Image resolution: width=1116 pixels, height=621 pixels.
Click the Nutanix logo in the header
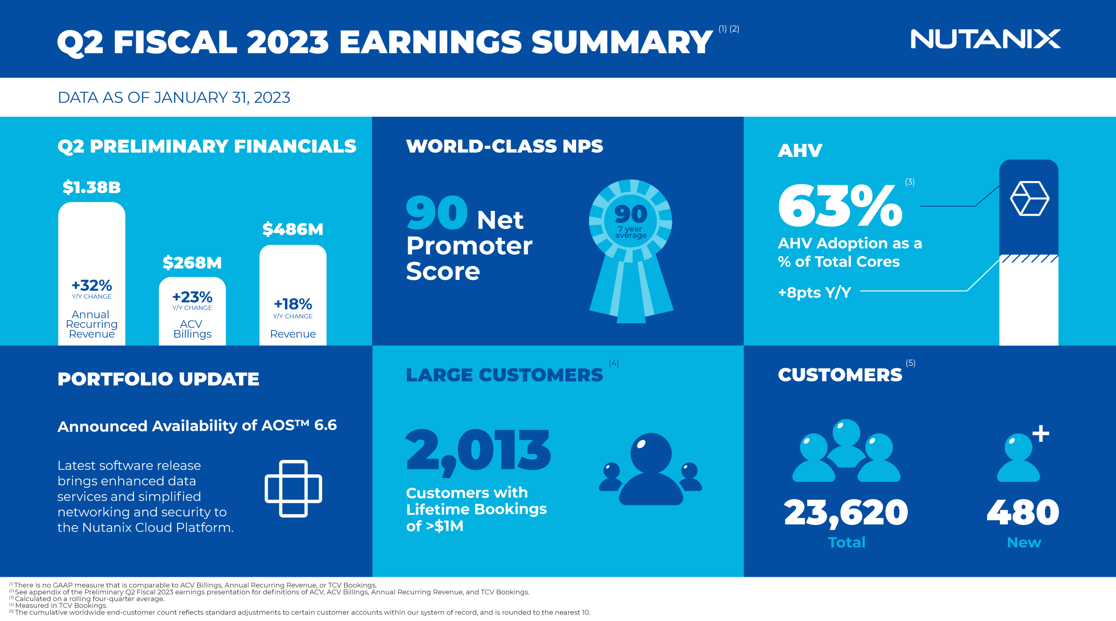985,39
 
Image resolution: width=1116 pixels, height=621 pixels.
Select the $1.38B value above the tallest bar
92,188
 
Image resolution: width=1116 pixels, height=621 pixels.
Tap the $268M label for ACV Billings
192,263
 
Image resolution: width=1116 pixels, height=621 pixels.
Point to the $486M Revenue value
292,229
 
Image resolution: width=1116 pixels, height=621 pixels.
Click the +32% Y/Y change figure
92,285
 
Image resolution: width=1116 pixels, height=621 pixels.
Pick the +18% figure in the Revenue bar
293,304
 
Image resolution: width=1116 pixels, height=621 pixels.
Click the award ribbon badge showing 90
631,251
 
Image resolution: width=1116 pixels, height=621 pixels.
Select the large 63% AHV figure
840,205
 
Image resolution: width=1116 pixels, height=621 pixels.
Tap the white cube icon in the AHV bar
1030,199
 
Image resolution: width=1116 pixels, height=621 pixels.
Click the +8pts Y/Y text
815,292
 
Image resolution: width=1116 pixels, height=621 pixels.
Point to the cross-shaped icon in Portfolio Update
293,488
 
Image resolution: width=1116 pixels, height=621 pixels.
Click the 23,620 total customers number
846,513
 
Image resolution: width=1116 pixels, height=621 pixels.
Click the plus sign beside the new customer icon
1041,433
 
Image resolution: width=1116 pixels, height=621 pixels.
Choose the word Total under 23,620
846,542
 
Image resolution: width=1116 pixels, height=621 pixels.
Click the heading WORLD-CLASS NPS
505,146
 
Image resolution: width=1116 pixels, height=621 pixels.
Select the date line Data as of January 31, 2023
174,97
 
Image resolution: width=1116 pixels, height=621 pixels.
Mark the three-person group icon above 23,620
846,450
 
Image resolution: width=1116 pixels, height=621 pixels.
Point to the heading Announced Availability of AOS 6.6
197,425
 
